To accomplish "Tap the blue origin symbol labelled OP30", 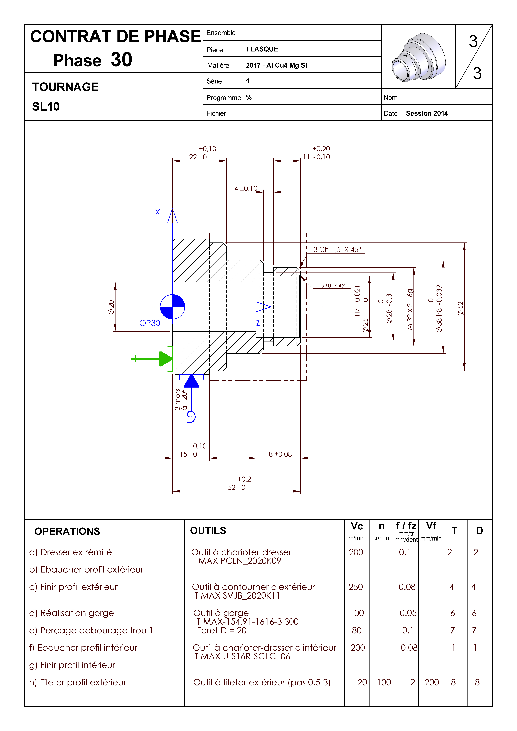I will click(x=172, y=307).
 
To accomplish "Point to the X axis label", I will click(x=157, y=212).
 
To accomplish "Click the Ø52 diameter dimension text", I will click(x=460, y=308).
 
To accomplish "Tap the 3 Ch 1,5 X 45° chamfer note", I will click(x=337, y=250).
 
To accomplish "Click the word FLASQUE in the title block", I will click(x=262, y=49).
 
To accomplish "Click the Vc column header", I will click(x=357, y=526).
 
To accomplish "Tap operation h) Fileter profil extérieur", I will click(x=78, y=682).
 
